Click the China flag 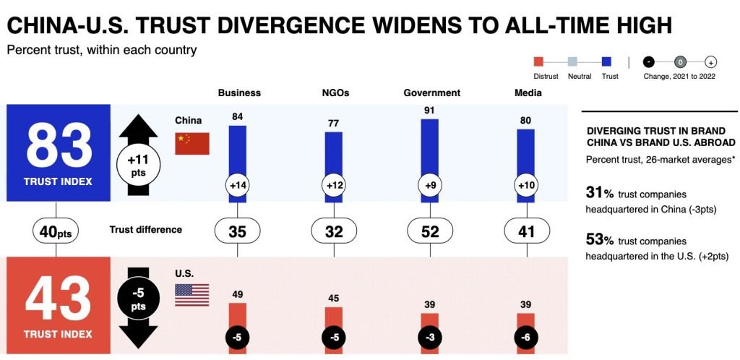click(192, 144)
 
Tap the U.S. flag click(192, 295)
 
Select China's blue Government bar click(429, 161)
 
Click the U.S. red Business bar click(237, 328)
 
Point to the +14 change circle click(237, 186)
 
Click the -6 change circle click(526, 338)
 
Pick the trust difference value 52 click(430, 231)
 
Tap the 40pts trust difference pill click(56, 231)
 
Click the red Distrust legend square click(538, 61)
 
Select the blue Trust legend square click(607, 61)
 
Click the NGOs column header click(335, 93)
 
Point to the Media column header click(528, 93)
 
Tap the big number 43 click(59, 299)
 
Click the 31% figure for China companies click(600, 194)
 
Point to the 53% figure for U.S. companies click(600, 241)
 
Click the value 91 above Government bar click(429, 111)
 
